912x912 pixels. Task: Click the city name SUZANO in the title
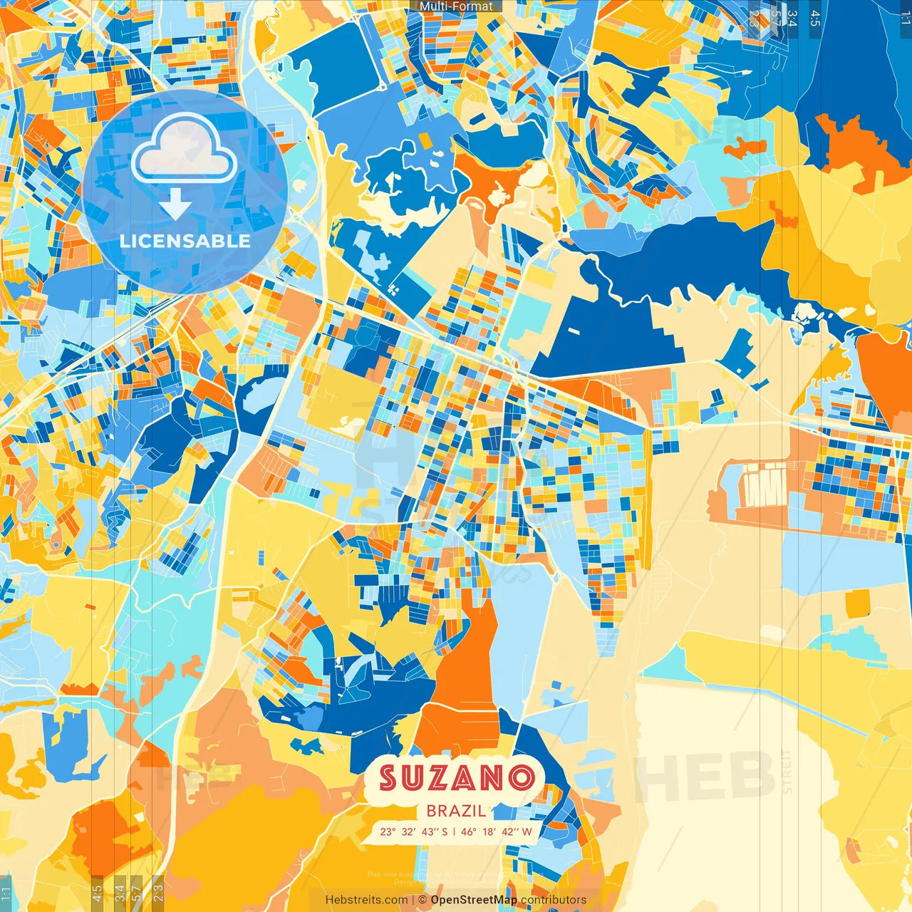point(457,777)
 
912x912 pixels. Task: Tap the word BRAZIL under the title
point(457,810)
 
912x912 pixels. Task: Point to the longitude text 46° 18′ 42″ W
point(497,831)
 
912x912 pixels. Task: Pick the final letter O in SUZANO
point(522,777)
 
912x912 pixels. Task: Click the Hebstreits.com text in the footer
point(366,900)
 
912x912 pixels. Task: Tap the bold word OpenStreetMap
point(474,900)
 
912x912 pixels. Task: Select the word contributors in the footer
point(554,900)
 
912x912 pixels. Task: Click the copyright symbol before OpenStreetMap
point(423,900)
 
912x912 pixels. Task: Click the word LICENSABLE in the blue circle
point(185,241)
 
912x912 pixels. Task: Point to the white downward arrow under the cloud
point(175,206)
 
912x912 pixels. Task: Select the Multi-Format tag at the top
point(456,6)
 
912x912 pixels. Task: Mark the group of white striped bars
point(764,485)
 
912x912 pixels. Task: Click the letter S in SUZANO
point(390,777)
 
